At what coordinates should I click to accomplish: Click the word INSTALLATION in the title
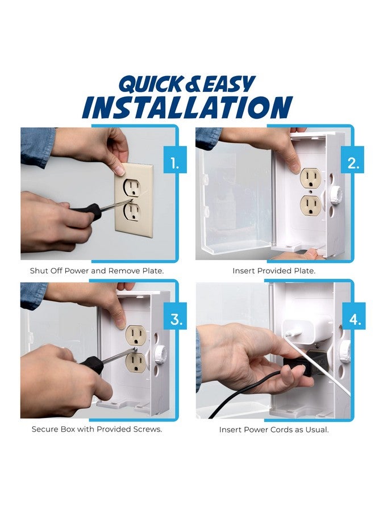(x=187, y=107)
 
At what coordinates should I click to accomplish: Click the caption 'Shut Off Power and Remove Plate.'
(x=97, y=271)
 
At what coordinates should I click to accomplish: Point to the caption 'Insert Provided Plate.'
(x=274, y=271)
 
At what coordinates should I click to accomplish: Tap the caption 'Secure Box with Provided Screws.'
(x=97, y=429)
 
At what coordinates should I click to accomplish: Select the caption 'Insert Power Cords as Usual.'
(x=274, y=430)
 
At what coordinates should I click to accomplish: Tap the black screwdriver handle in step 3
(x=91, y=364)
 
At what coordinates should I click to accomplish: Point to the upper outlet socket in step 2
(x=310, y=178)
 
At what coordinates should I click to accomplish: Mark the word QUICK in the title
(x=151, y=84)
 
